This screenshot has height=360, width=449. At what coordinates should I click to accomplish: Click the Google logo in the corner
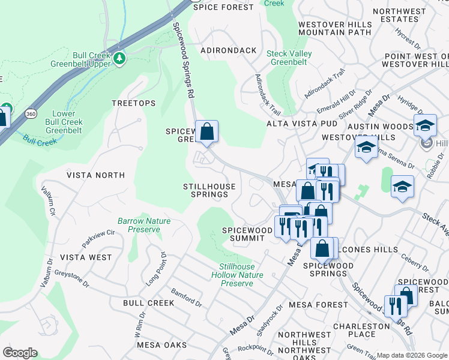[20, 353]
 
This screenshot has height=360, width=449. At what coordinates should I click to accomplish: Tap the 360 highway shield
[30, 113]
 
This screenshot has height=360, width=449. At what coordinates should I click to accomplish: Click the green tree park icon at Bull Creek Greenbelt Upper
[120, 58]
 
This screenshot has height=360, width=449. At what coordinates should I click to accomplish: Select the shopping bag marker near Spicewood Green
[206, 131]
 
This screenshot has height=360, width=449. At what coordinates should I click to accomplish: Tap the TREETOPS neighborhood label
[133, 103]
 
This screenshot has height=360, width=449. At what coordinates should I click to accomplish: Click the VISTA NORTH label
[95, 175]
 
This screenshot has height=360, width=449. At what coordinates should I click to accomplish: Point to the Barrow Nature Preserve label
[143, 225]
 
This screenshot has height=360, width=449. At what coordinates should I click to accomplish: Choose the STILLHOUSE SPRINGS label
[209, 190]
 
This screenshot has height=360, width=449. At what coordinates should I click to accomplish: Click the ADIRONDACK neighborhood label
[229, 50]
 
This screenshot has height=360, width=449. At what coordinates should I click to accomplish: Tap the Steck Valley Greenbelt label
[289, 58]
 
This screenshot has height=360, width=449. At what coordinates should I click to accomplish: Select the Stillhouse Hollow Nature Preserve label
[237, 275]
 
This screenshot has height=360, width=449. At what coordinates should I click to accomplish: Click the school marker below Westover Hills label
[366, 148]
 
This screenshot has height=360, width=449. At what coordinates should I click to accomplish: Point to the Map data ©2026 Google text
[411, 355]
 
